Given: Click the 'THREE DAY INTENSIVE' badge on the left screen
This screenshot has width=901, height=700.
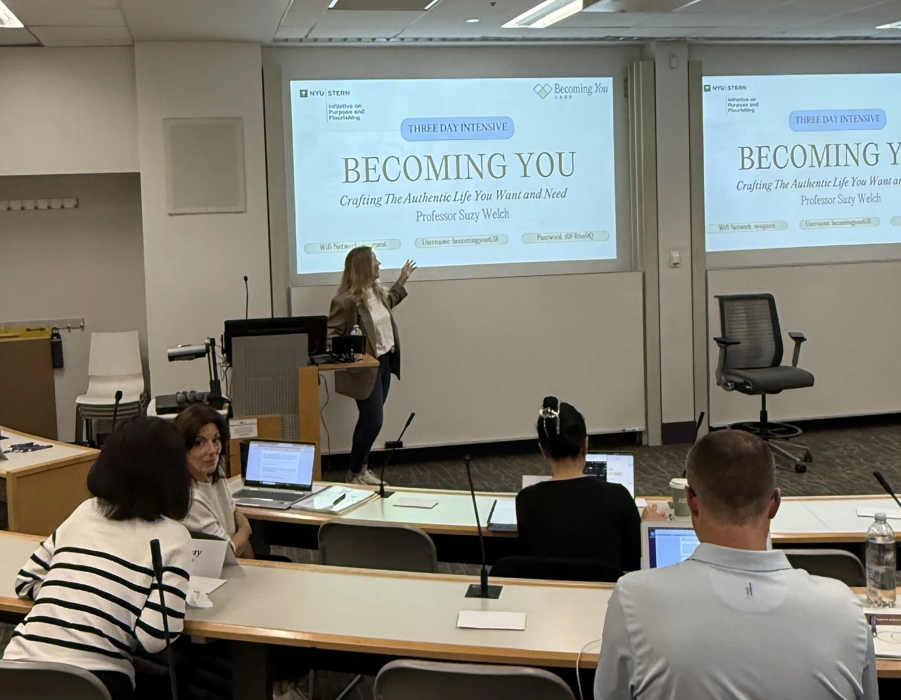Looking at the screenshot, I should click(x=458, y=128).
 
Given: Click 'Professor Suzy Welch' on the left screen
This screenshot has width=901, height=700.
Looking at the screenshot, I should click(x=463, y=214).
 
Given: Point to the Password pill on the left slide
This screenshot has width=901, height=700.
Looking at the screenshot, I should click(x=565, y=237).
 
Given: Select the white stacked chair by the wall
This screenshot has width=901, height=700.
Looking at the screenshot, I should click(x=112, y=374).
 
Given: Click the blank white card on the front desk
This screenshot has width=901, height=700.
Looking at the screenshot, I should click(x=491, y=620).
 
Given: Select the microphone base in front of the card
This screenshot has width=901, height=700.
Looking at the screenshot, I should click(x=483, y=591).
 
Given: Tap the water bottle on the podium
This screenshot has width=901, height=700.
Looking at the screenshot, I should click(x=354, y=334).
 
